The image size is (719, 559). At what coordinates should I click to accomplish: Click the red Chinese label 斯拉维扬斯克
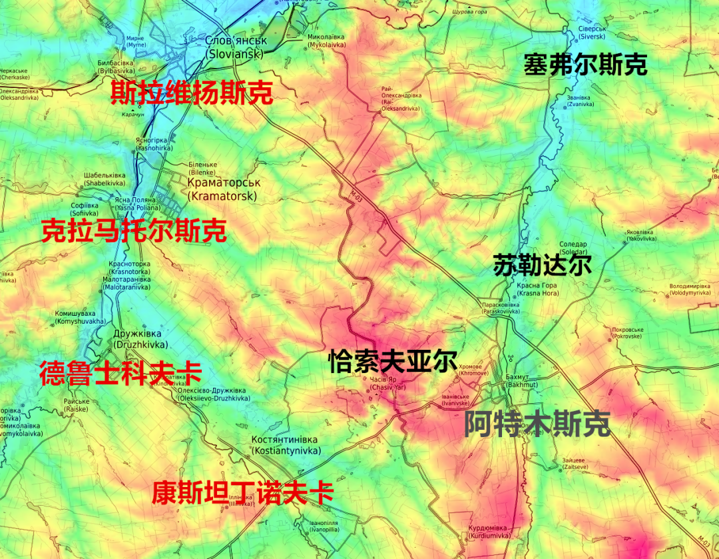[x=191, y=93]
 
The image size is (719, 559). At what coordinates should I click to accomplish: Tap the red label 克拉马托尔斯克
[x=133, y=231]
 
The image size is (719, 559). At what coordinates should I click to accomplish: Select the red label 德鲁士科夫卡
[x=120, y=373]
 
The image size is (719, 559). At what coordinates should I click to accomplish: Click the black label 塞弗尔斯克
[x=585, y=65]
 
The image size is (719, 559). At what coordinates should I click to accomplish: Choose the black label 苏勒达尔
[x=543, y=265]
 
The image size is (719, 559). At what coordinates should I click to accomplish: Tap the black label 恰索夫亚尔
[x=392, y=362]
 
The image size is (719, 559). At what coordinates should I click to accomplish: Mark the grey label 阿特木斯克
[x=537, y=424]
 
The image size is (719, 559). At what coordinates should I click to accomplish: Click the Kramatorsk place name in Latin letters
[x=222, y=196]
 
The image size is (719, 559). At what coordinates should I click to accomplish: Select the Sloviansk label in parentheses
[x=235, y=54]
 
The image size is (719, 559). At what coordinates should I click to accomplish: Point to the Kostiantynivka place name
[x=284, y=451]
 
